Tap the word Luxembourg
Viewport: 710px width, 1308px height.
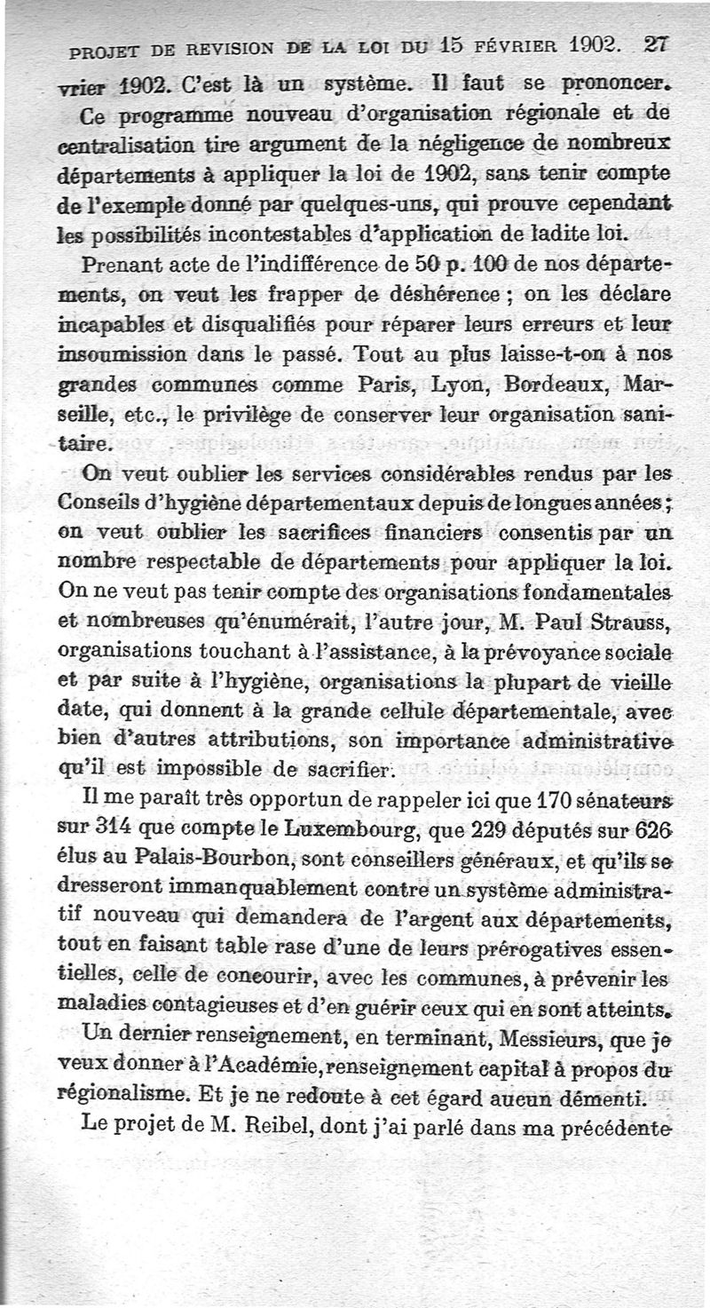click(343, 832)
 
